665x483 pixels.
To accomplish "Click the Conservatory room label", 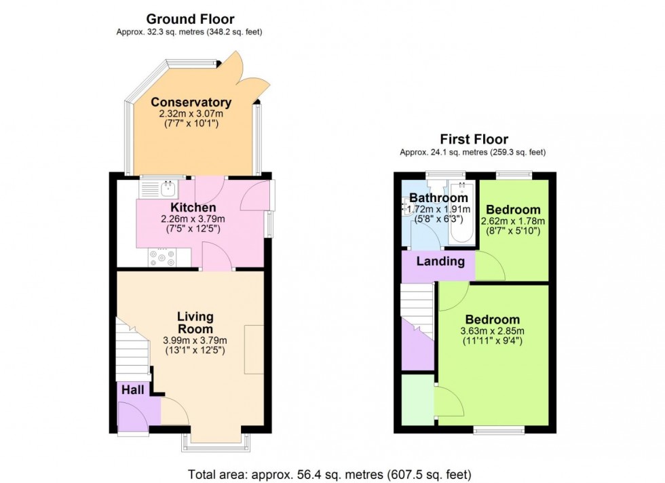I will (191, 102).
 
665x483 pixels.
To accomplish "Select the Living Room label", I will (195, 322).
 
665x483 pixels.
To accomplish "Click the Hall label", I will (132, 389).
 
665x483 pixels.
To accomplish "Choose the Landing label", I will (440, 261).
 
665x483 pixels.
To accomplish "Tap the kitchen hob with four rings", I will (161, 258).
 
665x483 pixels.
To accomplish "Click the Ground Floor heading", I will (191, 19).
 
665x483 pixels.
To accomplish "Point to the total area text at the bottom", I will (329, 474).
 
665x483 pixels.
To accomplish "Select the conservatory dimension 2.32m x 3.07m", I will (191, 114).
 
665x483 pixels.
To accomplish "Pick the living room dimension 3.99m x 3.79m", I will (195, 340).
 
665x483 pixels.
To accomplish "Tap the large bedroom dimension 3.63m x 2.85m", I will (492, 331).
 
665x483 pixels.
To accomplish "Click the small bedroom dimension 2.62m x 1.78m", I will (512, 221).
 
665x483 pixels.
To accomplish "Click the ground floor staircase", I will (132, 349).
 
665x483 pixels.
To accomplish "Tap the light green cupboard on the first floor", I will (417, 400).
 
